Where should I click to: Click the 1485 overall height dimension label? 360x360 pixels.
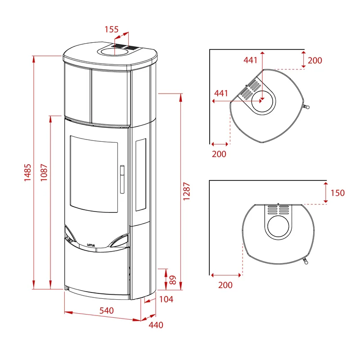pyautogui.click(x=27, y=172)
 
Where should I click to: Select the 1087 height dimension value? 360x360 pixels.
pyautogui.click(x=44, y=172)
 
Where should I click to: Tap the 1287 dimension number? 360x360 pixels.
pyautogui.click(x=186, y=191)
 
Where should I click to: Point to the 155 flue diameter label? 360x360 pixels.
pyautogui.click(x=112, y=29)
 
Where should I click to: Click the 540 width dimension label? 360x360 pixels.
pyautogui.click(x=107, y=310)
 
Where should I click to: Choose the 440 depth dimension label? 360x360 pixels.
pyautogui.click(x=156, y=325)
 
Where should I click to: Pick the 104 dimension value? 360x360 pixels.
pyautogui.click(x=166, y=299)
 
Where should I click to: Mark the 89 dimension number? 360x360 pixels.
pyautogui.click(x=173, y=280)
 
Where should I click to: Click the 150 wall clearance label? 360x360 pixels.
pyautogui.click(x=337, y=193)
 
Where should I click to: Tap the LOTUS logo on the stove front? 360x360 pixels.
pyautogui.click(x=91, y=245)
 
